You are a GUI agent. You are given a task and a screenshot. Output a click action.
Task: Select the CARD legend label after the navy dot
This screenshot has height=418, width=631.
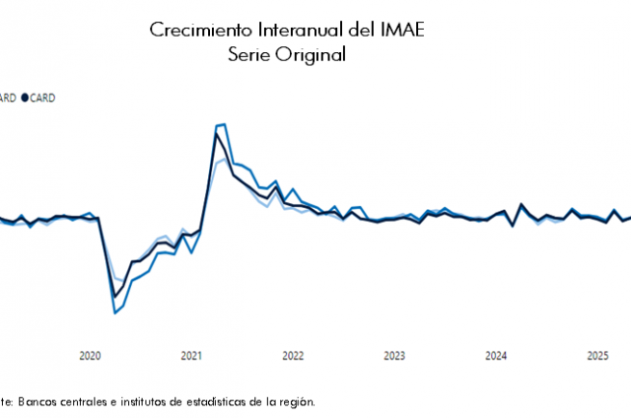42,98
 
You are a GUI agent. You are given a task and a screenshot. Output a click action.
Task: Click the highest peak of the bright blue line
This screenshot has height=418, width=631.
224,124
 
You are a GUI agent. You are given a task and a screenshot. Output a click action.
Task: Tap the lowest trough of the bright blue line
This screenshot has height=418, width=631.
114,313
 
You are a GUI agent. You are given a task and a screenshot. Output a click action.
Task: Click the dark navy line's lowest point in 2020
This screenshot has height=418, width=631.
114,297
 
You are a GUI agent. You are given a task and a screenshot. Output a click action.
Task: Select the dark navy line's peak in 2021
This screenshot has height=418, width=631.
216,133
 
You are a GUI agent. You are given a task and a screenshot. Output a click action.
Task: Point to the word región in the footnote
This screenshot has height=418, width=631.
297,401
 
